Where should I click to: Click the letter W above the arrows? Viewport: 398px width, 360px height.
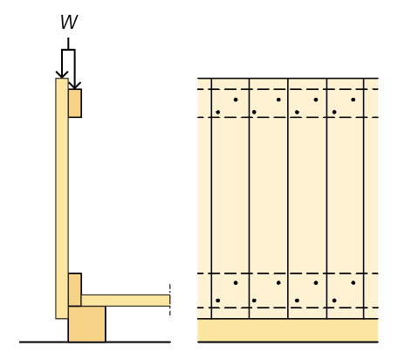(x=69, y=22)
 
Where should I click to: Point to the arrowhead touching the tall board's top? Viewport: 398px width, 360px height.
(x=62, y=74)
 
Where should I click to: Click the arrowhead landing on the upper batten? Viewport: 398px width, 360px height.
(x=75, y=86)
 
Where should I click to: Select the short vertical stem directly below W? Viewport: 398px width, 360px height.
(x=68, y=44)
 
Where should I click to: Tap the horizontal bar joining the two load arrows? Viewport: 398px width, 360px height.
(x=68, y=50)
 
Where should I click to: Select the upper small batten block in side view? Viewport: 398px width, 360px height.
(x=75, y=103)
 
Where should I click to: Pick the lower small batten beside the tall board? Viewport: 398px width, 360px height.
(x=75, y=289)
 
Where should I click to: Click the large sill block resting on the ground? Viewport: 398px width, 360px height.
(x=87, y=324)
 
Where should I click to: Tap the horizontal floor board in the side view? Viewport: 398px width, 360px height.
(x=126, y=301)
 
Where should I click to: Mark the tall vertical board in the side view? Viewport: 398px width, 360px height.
(x=62, y=198)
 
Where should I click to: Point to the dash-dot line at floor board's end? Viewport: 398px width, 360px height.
(x=170, y=300)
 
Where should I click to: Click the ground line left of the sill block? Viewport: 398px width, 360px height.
(x=44, y=342)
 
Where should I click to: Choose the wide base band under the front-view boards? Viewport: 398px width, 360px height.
(x=288, y=330)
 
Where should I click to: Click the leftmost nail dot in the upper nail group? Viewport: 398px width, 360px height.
(x=218, y=112)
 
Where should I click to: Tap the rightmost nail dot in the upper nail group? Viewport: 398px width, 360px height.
(x=353, y=100)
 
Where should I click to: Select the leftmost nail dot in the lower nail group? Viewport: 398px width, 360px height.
(x=218, y=301)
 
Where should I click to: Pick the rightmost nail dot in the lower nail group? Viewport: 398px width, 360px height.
(x=353, y=283)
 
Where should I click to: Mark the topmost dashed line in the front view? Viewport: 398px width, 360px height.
(x=288, y=89)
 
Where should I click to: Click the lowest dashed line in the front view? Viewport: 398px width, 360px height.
(x=288, y=308)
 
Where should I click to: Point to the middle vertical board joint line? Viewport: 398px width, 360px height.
(x=288, y=198)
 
